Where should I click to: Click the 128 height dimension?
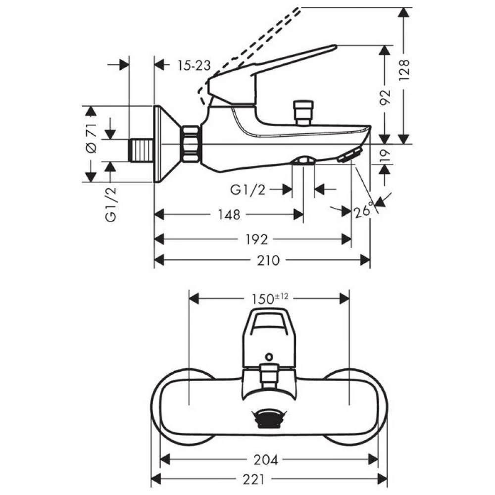coord(404,69)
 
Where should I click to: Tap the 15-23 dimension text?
coord(194,65)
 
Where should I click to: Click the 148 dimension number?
coord(229,215)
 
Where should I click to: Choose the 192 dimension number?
coord(256,240)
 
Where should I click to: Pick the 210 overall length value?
coord(268,261)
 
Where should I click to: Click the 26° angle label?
coord(364,210)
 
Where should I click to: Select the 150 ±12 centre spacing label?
coord(270,298)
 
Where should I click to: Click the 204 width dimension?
coord(266,460)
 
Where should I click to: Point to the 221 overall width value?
coord(253,480)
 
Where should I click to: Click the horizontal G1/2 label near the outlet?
coord(248,190)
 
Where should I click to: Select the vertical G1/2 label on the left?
coord(111,204)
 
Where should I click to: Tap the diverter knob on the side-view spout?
coord(303,113)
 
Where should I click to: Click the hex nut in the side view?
coord(191,144)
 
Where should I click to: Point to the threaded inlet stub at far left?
coord(141,150)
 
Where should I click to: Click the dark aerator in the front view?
coord(269,419)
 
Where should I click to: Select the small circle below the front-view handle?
coord(269,357)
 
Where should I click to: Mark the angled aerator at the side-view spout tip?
coord(349,155)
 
